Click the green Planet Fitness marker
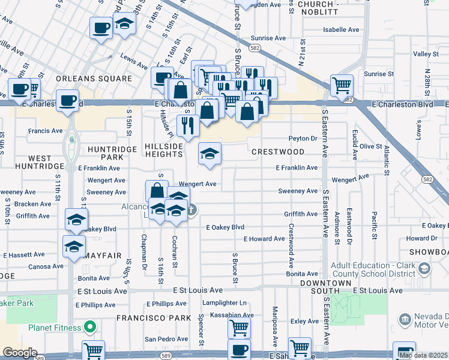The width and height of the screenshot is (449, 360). point(90,328)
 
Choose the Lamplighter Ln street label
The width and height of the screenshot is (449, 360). point(224,303)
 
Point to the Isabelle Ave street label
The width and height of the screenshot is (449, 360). point(341,29)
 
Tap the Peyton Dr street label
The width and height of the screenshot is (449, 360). point(303,138)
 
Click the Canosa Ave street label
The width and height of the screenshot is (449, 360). point(45,266)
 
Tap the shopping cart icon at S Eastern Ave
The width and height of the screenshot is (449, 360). point(342,85)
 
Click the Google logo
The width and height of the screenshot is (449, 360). point(20,353)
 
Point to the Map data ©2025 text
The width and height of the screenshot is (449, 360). point(423,356)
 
